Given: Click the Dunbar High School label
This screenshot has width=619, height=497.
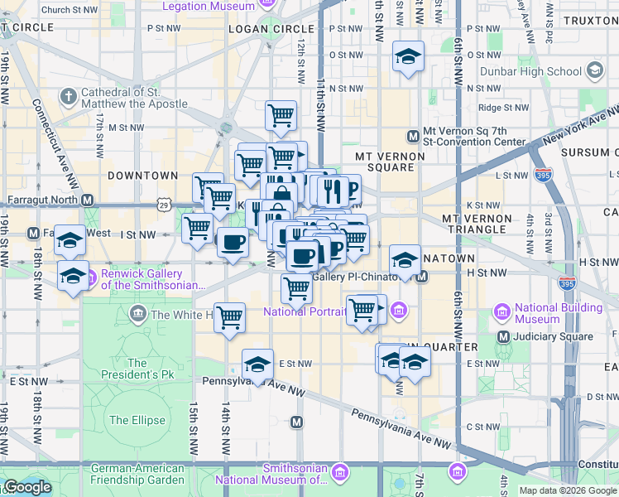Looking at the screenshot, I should click(x=540, y=71).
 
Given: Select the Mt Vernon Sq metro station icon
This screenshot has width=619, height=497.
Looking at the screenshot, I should click(x=412, y=136).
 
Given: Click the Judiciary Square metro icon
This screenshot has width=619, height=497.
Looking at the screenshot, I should click(x=503, y=337).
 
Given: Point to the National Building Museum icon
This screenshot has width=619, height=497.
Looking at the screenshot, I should click(x=501, y=312).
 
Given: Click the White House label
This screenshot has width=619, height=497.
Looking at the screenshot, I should click(x=181, y=315).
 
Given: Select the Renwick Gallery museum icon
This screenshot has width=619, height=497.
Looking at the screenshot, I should click(x=91, y=274).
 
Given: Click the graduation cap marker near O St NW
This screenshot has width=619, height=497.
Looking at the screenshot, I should click(x=407, y=57).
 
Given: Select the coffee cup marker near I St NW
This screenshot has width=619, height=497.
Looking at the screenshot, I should click(x=233, y=243).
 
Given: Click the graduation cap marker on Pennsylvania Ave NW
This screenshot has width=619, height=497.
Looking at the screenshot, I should click(x=257, y=364).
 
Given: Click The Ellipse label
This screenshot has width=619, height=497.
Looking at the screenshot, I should click(x=137, y=420).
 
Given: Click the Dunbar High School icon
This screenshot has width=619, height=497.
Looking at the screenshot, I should click(x=594, y=71).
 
